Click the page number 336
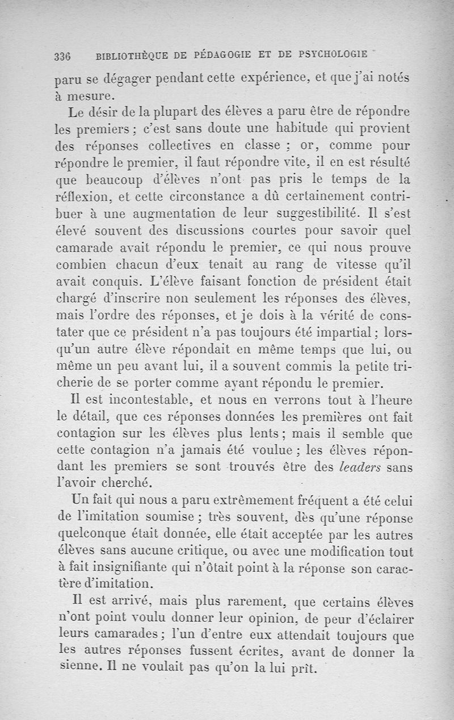[61, 56]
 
